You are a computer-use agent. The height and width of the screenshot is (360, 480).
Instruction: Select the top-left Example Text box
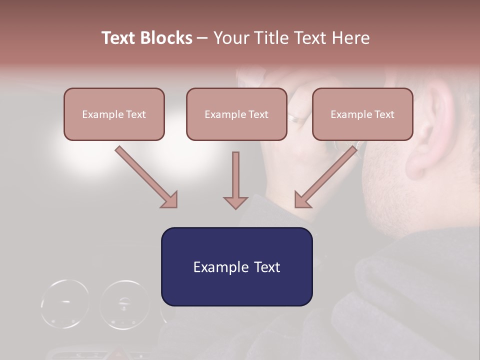point(114,114)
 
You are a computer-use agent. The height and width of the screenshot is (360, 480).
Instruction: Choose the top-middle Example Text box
point(236,114)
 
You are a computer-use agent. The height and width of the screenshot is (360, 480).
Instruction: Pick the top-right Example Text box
point(362,114)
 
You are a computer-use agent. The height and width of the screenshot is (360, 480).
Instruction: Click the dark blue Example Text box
point(236,266)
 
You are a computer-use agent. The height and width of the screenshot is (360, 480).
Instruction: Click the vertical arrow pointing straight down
point(235,180)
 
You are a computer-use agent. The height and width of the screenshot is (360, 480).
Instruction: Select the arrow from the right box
point(326,177)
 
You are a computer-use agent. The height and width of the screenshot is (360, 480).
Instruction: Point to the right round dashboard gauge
point(124,304)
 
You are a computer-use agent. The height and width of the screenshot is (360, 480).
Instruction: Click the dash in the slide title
point(202,38)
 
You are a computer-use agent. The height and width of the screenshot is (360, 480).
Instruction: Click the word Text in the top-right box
point(384,114)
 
